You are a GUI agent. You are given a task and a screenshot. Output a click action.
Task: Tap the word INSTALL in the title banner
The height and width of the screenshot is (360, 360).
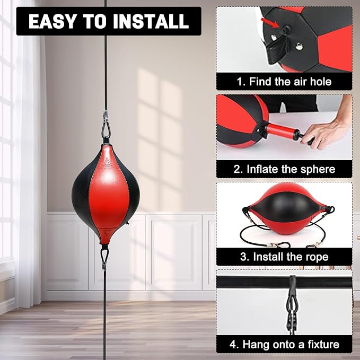click(151, 21)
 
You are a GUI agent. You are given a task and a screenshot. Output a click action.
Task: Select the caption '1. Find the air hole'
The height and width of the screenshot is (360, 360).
click(284, 82)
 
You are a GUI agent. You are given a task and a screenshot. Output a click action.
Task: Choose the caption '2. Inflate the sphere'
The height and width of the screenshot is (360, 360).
click(284, 169)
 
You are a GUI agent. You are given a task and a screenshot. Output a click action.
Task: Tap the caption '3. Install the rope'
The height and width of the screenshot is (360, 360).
click(284, 257)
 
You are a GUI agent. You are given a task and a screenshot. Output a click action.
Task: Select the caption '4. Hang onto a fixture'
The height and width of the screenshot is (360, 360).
click(284, 345)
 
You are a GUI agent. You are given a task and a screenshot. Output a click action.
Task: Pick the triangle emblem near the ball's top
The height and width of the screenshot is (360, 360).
click(106, 163)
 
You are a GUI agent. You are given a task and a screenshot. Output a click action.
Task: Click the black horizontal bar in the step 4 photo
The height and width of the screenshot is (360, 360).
click(284, 283)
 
